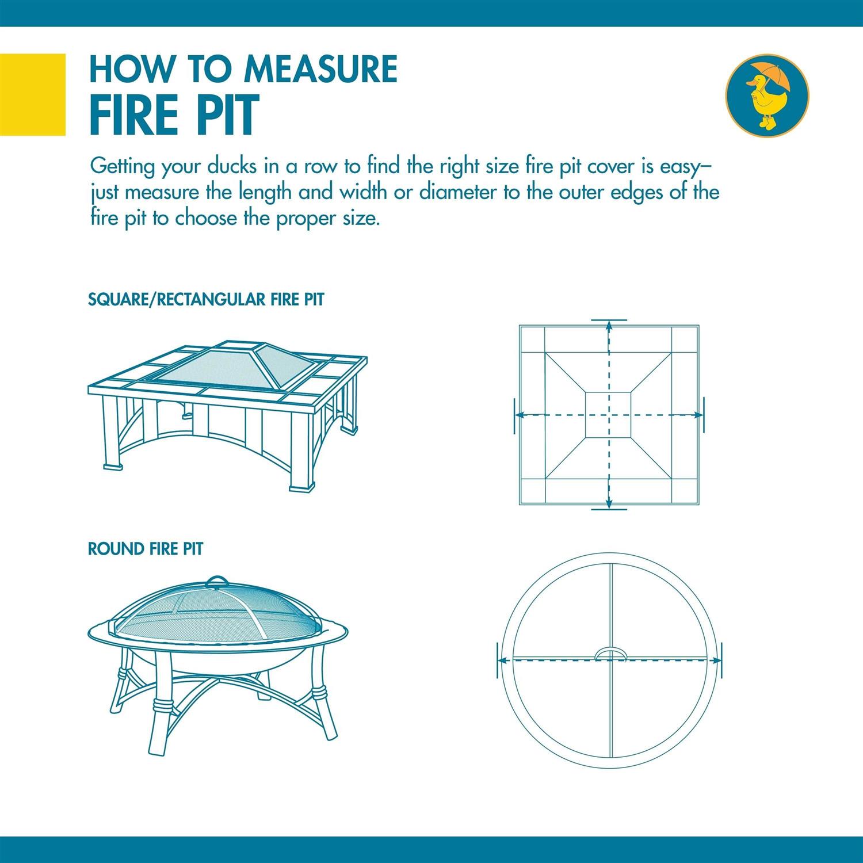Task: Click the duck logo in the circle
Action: point(766,94)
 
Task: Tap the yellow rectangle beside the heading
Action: point(33,94)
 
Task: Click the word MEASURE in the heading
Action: point(320,69)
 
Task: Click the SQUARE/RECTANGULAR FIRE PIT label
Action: point(206,300)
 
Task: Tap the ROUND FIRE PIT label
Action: point(145,549)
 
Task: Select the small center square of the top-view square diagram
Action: point(609,414)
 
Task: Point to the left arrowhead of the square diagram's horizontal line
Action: point(518,414)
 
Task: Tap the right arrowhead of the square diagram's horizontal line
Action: point(697,414)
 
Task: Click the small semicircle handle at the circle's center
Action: point(610,652)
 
